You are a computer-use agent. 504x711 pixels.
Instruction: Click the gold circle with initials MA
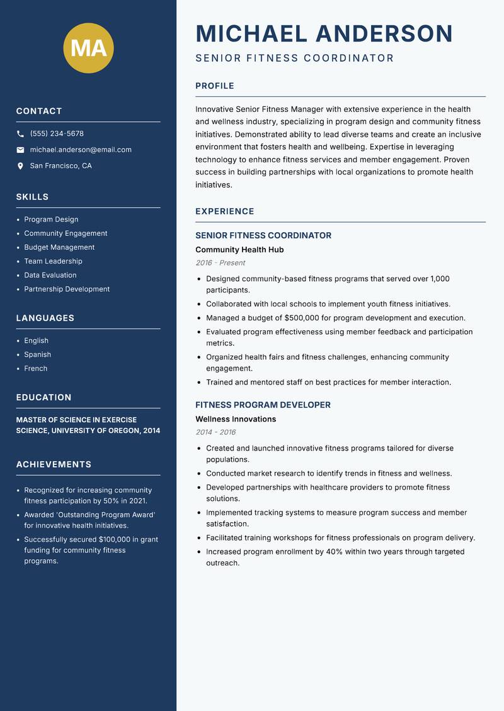point(89,48)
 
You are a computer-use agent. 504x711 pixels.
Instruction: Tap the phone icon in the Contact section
point(20,134)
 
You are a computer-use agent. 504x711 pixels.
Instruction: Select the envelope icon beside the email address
point(20,150)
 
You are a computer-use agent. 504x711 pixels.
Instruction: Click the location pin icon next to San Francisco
point(20,166)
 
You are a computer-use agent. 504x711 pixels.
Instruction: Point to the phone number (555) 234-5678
point(57,134)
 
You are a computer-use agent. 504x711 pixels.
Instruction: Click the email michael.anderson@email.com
point(81,150)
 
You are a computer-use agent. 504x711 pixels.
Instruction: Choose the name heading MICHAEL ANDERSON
point(324,33)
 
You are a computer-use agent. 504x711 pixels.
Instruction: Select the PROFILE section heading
point(215,86)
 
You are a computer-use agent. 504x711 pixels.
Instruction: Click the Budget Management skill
point(59,247)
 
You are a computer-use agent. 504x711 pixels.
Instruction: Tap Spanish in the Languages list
point(38,355)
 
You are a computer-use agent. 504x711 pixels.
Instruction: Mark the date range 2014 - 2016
point(215,432)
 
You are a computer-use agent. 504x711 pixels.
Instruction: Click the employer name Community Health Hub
point(239,250)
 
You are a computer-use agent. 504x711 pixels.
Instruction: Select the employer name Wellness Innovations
point(236,419)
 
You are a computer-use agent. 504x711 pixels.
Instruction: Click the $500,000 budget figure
point(303,318)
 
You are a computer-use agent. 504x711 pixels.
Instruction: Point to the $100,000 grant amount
point(115,540)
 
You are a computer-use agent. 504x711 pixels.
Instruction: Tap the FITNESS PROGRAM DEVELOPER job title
point(263,405)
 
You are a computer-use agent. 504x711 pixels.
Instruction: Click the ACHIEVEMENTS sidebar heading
point(54,464)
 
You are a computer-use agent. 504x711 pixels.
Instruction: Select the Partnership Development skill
point(67,289)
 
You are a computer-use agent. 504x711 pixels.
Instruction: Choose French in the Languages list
point(36,369)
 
